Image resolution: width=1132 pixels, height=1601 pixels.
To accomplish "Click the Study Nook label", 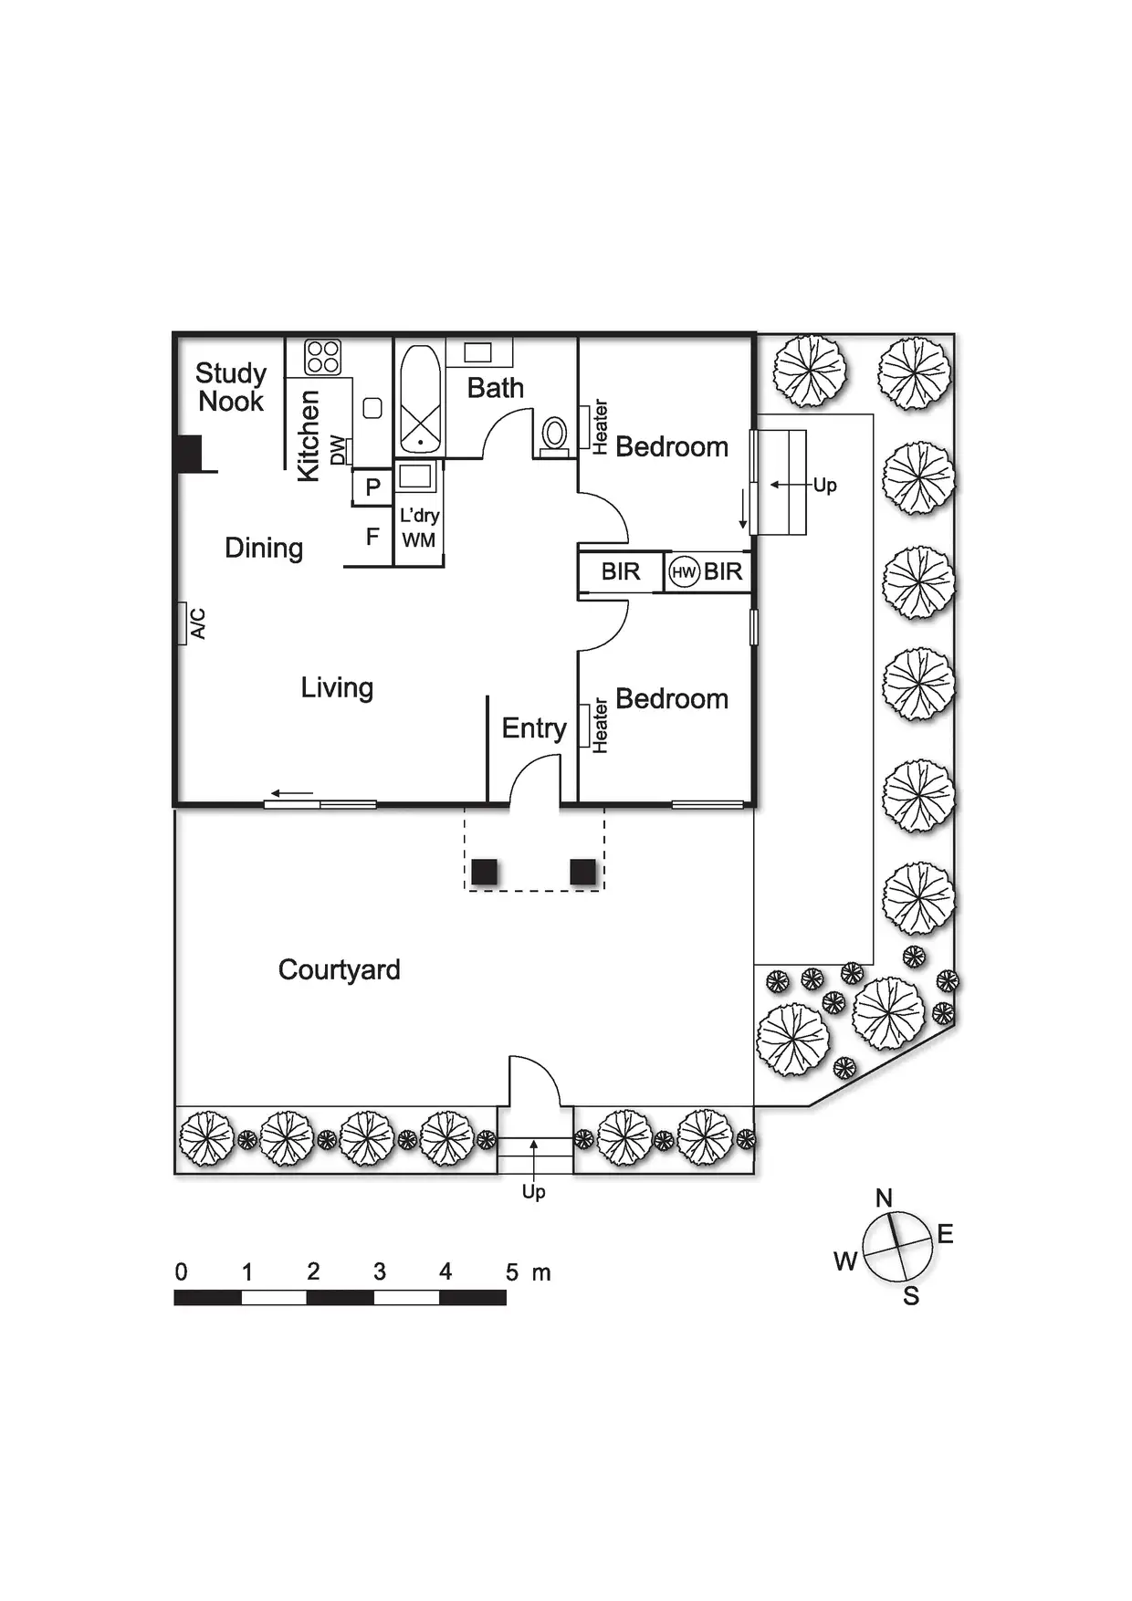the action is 231,387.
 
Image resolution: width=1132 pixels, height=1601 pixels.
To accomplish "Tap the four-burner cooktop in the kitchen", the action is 322,357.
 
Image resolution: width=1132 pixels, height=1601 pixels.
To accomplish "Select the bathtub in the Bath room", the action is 420,400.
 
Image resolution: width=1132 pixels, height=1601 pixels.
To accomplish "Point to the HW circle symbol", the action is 684,572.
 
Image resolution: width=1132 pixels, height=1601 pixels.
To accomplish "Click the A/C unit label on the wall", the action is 197,623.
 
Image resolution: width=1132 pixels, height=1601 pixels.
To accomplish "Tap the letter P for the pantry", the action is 372,487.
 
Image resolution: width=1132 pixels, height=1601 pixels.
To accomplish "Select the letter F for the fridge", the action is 372,537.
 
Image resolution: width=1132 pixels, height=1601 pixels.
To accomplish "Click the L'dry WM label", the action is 419,528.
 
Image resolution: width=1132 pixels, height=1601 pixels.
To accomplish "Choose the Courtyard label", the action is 339,969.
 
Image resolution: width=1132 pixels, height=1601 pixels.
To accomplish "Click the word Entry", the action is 534,728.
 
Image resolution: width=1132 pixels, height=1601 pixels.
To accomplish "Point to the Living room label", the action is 337,687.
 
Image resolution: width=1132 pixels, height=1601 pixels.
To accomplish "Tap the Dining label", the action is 264,548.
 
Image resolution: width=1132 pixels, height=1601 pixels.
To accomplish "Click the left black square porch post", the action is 485,872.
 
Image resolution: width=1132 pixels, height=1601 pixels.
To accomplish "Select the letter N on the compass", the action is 884,1198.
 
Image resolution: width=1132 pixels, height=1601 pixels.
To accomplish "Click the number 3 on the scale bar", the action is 380,1271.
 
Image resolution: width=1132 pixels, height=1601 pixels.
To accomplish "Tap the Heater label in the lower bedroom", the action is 600,726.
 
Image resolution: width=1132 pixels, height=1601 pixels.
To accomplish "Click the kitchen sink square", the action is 372,408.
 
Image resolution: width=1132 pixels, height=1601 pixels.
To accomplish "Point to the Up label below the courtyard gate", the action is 534,1192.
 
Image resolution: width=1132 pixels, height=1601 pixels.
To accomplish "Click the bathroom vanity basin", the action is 477,352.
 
